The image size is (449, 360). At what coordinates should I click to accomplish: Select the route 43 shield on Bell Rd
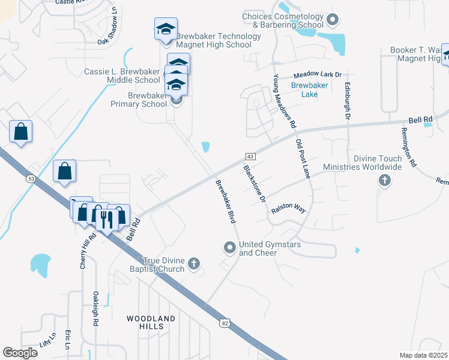[251, 157]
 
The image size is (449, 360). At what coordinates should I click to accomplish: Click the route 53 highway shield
[30, 178]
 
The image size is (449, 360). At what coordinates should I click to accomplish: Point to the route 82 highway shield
[224, 323]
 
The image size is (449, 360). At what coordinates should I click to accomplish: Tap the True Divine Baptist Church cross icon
[193, 263]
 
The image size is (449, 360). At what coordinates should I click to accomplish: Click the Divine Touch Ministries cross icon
[384, 180]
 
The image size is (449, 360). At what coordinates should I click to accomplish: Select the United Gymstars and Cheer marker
[229, 247]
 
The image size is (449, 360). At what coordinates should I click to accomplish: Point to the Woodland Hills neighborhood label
[151, 322]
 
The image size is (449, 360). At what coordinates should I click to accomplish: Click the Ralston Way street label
[289, 209]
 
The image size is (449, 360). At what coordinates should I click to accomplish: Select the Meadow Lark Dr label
[317, 75]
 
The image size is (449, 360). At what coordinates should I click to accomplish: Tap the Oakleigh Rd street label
[95, 308]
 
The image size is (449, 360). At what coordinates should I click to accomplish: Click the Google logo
[20, 352]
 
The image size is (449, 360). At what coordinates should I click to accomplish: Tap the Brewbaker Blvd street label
[226, 202]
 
